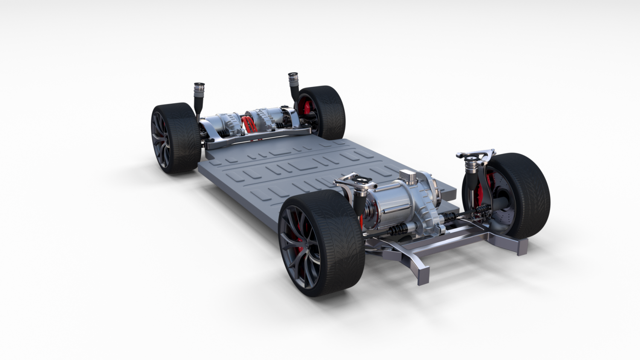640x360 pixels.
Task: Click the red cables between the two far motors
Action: coord(249,124)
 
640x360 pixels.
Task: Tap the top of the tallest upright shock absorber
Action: coord(293,76)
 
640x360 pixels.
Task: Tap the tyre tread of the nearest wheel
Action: coord(341,239)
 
